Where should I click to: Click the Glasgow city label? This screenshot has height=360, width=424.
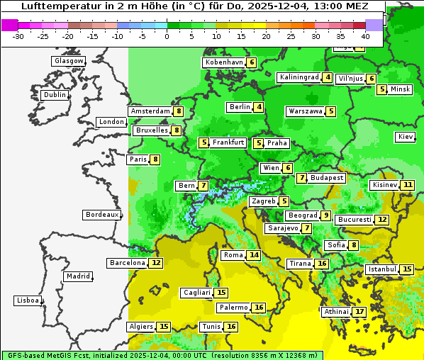click(x=69, y=61)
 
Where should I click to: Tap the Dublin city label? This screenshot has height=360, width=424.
click(x=55, y=95)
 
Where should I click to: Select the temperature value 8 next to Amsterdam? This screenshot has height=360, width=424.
click(x=179, y=111)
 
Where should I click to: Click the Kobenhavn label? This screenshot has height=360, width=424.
click(x=224, y=62)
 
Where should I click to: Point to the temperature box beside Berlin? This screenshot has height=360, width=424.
click(x=260, y=107)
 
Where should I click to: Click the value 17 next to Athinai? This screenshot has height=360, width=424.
click(x=360, y=311)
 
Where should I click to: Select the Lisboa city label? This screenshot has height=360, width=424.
click(x=28, y=300)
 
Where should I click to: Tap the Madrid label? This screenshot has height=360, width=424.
click(x=77, y=276)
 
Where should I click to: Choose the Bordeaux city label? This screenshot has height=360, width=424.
click(x=102, y=214)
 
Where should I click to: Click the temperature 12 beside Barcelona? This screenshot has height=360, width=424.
click(x=156, y=263)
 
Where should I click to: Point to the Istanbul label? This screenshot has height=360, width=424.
click(x=381, y=269)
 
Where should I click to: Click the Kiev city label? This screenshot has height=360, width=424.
click(x=406, y=136)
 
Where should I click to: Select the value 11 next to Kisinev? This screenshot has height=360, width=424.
click(x=408, y=185)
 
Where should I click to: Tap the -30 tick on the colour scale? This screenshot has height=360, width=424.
click(x=18, y=35)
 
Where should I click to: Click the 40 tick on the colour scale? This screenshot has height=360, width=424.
click(x=365, y=35)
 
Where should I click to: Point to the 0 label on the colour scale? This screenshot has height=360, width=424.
click(x=167, y=35)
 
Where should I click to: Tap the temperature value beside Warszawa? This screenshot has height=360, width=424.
click(x=331, y=111)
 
